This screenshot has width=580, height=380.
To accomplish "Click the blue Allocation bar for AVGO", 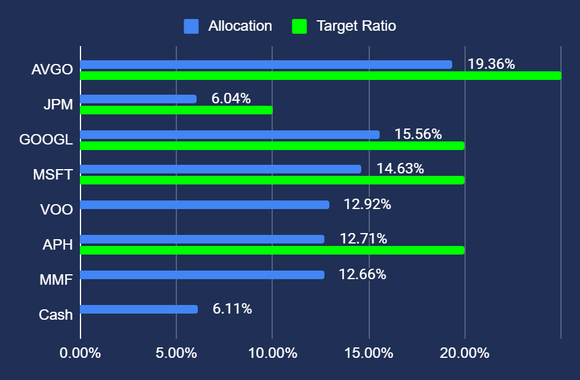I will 265,65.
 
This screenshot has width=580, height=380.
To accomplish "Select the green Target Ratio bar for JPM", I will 176,110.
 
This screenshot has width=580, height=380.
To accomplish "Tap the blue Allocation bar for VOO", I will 204,205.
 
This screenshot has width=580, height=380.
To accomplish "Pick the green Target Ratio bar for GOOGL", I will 272,146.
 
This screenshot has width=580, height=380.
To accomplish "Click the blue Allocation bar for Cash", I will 138,309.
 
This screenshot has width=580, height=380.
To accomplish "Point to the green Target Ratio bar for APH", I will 272,250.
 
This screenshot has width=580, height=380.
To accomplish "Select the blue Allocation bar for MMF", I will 202,275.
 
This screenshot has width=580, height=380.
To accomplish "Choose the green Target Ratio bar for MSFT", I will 272,180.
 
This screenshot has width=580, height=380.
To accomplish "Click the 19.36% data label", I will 491,64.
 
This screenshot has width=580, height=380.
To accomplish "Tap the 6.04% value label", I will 231,98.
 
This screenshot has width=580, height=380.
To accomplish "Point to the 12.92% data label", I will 367,204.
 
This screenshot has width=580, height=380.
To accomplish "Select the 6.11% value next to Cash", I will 232,309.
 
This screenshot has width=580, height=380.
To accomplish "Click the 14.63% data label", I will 400,168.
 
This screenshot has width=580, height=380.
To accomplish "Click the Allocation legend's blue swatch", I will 191,26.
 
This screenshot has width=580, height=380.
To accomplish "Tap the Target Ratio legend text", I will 356,26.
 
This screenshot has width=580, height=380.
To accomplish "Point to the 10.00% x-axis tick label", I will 273,354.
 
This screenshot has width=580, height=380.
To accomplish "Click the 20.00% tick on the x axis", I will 465,354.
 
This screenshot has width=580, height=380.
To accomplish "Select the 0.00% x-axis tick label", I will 80,354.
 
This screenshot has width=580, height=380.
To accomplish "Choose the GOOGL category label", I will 46,140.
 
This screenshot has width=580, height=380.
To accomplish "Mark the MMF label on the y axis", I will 55,280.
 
